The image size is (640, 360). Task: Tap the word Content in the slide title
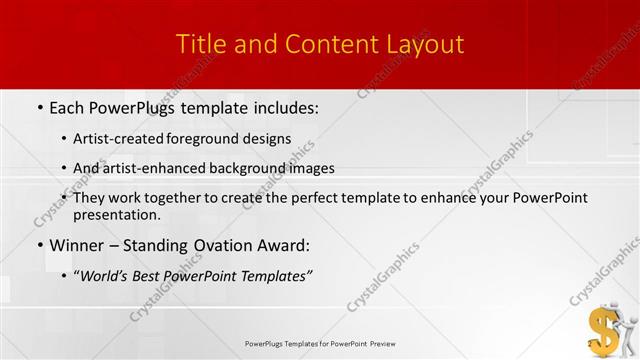[322, 45]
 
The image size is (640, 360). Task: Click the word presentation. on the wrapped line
[117, 214]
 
